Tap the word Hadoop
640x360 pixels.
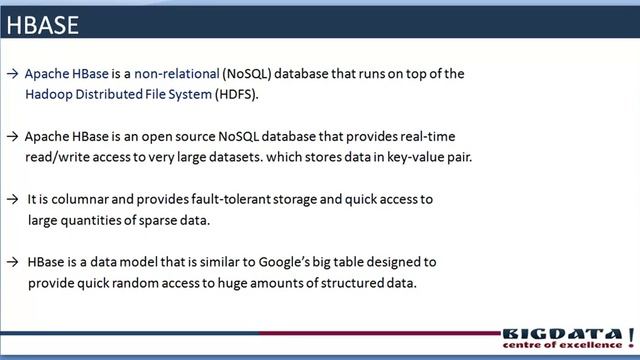[x=50, y=94]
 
